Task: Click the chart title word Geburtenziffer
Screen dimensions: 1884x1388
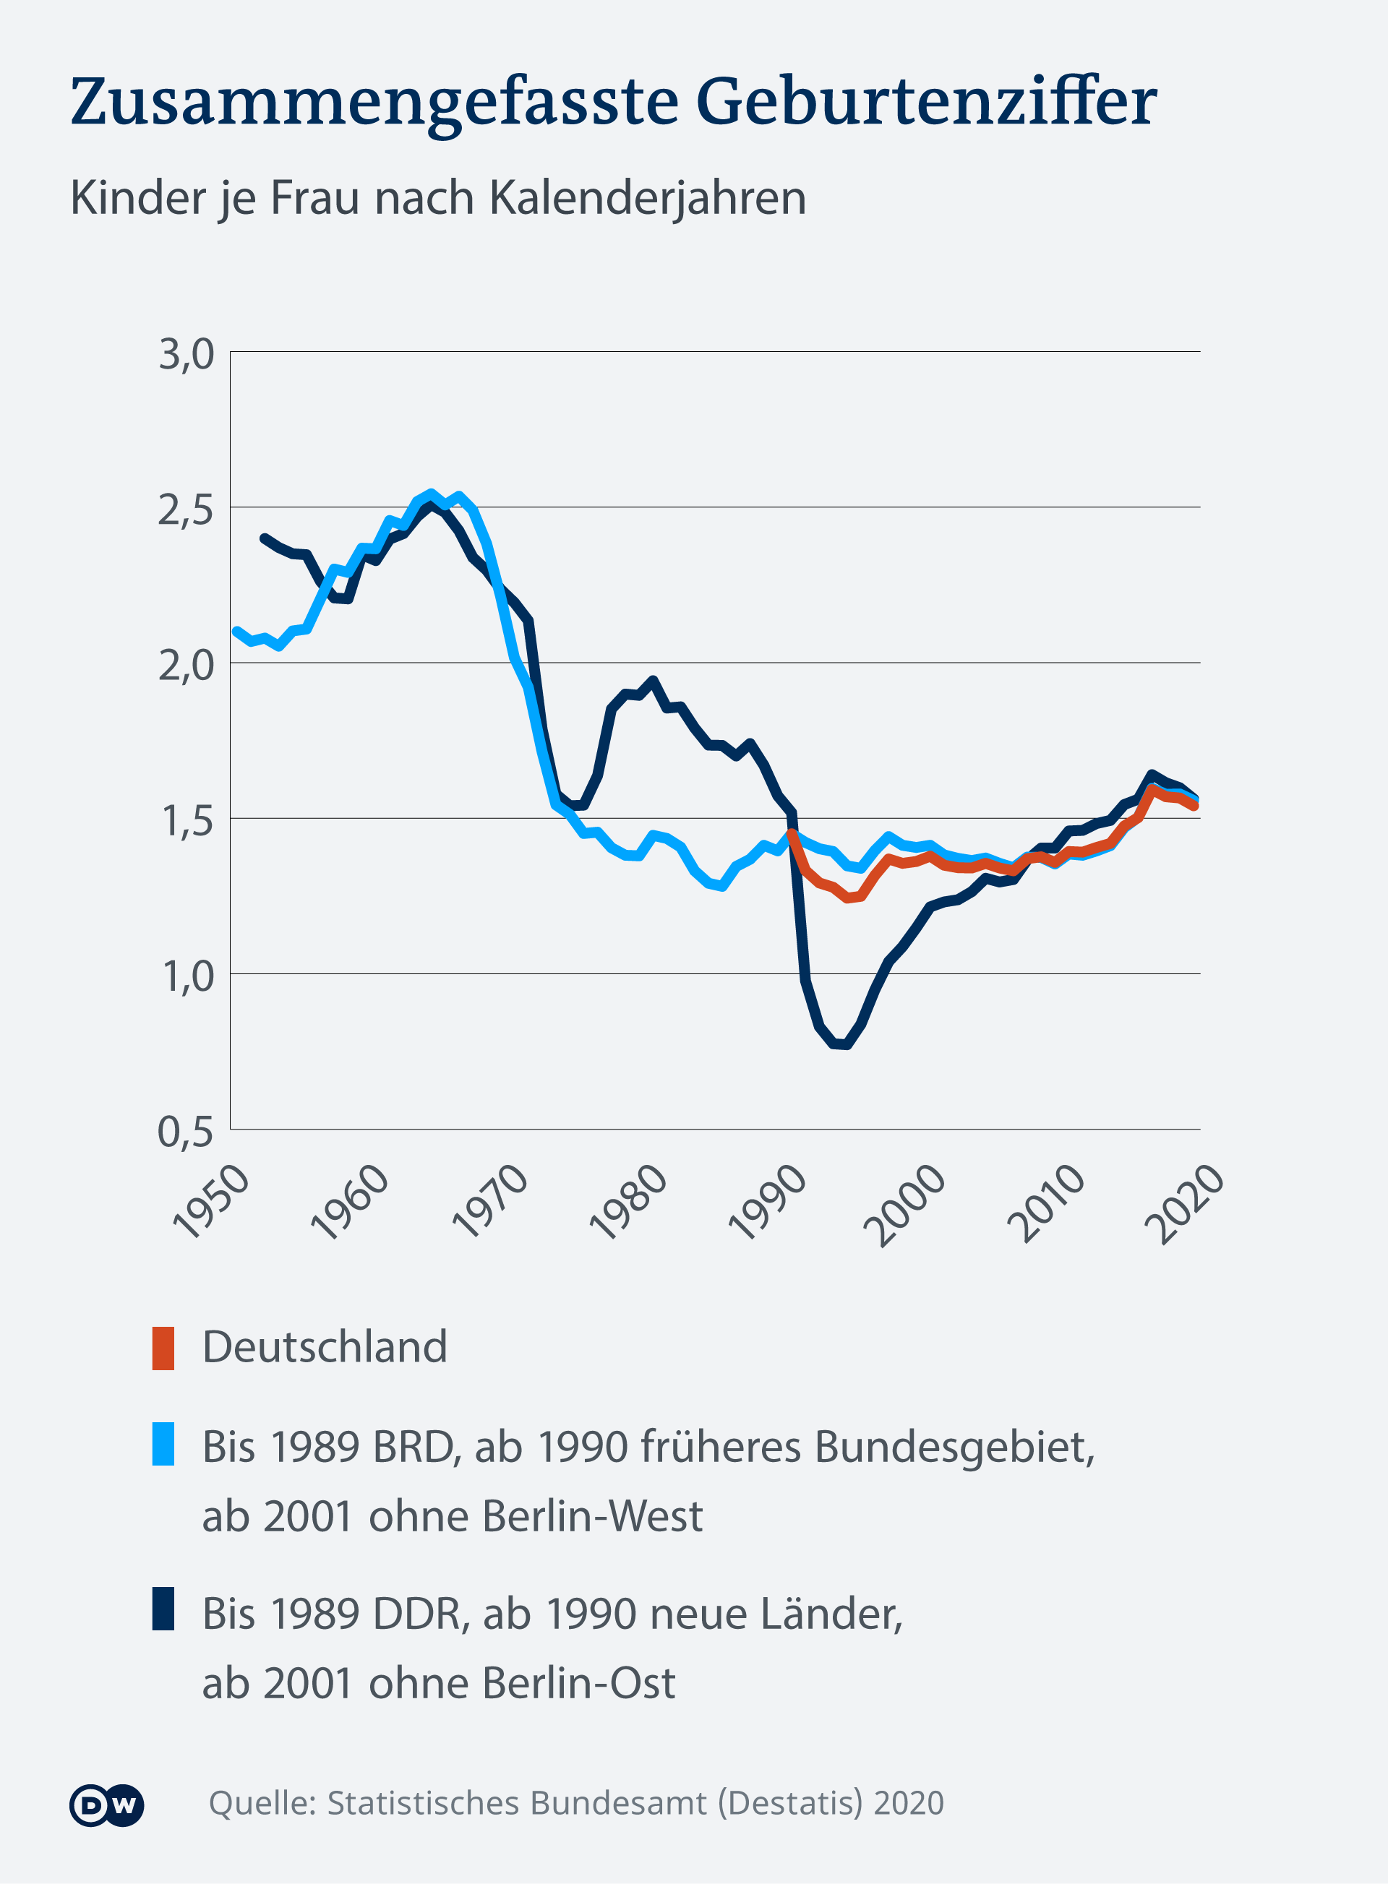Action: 926,103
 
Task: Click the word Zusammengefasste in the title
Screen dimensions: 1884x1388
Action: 374,103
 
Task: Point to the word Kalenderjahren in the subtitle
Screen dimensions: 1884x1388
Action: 647,199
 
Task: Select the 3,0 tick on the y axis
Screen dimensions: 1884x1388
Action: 186,354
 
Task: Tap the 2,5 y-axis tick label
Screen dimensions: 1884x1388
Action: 186,510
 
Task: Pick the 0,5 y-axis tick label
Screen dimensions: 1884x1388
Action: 186,1132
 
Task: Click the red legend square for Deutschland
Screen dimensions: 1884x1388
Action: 163,1348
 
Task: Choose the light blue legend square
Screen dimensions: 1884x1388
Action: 163,1443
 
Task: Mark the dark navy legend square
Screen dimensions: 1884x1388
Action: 163,1609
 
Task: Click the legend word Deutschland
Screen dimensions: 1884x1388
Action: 325,1347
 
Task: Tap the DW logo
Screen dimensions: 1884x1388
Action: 107,1805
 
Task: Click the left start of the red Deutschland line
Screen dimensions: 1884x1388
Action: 792,833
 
